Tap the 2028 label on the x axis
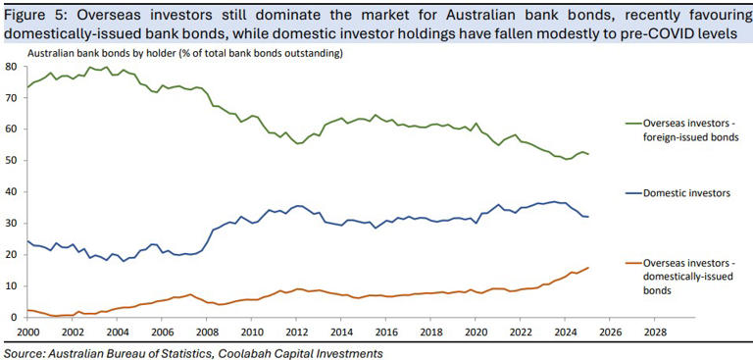(x=654, y=332)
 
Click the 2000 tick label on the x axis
(x=26, y=332)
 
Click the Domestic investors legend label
(x=686, y=193)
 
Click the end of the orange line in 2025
(x=588, y=267)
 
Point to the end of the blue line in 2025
(x=588, y=216)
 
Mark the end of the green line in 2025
(x=588, y=154)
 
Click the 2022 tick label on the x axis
(x=520, y=332)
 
